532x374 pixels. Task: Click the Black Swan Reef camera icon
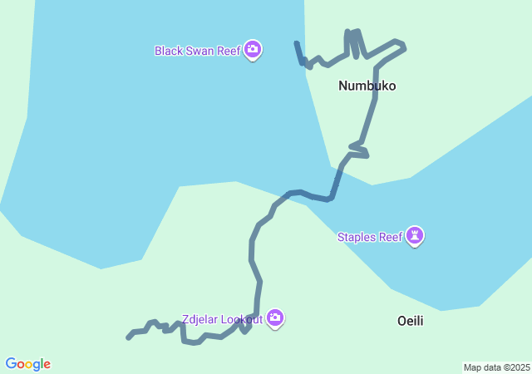254,51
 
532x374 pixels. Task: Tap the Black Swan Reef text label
197,51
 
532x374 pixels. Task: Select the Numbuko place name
367,86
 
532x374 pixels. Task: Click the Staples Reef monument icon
416,237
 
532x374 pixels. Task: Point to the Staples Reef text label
369,238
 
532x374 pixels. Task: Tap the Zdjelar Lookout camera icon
275,318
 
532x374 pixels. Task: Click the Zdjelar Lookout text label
222,319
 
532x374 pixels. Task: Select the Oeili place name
410,321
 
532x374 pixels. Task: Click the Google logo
28,364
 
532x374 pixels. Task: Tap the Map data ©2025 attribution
496,367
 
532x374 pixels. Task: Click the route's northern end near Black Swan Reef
297,42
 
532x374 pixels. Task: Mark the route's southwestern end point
128,337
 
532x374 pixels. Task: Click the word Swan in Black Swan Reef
201,51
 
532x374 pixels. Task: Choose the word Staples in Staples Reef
357,238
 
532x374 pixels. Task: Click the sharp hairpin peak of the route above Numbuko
355,32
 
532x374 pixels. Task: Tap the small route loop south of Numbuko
359,150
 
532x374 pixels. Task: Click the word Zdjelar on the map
200,319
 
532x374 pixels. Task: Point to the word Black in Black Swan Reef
169,51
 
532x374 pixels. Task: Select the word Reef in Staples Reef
390,238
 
